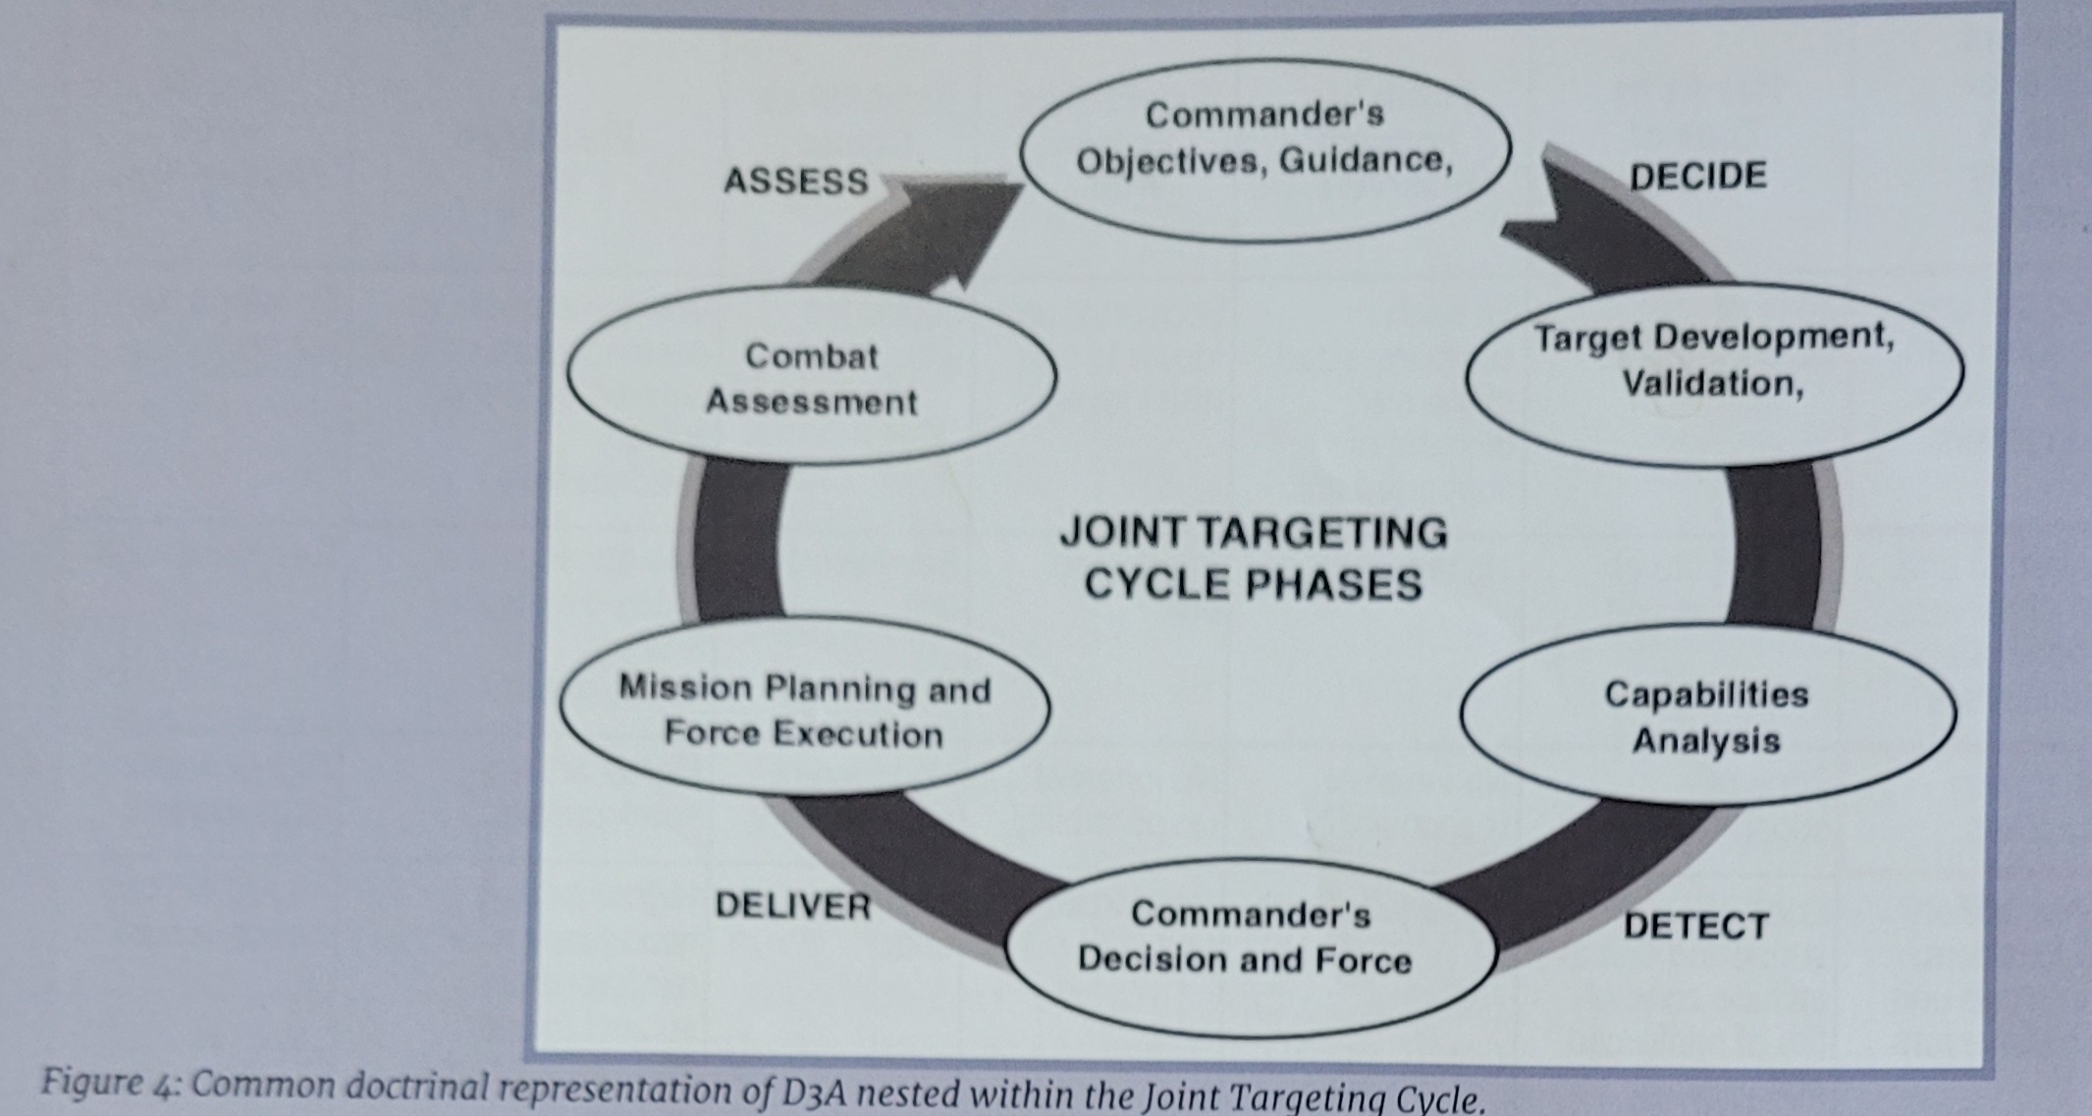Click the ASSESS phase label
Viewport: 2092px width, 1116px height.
point(796,182)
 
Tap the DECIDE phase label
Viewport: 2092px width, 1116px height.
point(1697,176)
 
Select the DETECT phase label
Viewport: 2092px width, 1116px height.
point(1695,926)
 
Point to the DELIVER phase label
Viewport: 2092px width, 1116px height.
point(792,905)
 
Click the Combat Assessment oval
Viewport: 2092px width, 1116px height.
point(811,378)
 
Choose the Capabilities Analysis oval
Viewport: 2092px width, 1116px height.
point(1707,717)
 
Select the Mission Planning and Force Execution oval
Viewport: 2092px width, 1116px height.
point(804,710)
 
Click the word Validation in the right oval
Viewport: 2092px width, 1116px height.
point(1711,383)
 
